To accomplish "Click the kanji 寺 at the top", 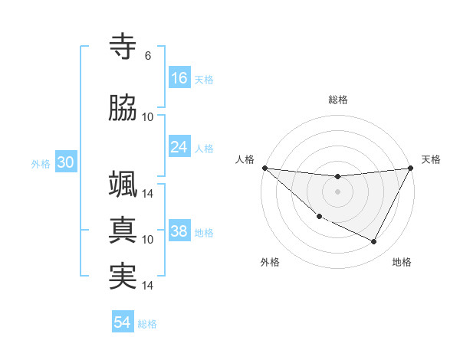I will [123, 47].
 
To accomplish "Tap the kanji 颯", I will [123, 184].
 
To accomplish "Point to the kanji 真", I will [123, 229].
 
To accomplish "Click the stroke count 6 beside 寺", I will [148, 56].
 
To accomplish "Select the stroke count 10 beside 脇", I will [148, 117].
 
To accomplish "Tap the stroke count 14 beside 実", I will [148, 286].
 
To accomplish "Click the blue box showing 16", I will [179, 77].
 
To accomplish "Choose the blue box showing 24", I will [179, 146].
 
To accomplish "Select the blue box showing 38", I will [179, 231].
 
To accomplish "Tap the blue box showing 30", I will [65, 162].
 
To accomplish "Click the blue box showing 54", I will [123, 322].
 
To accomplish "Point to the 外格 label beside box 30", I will [41, 163].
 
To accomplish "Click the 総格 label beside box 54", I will [147, 324].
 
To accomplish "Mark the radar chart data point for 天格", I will [412, 168].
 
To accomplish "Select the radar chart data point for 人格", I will [264, 168].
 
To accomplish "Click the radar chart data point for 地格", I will [374, 242].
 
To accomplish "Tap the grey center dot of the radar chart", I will [337, 191].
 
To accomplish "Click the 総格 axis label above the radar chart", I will [337, 100].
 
